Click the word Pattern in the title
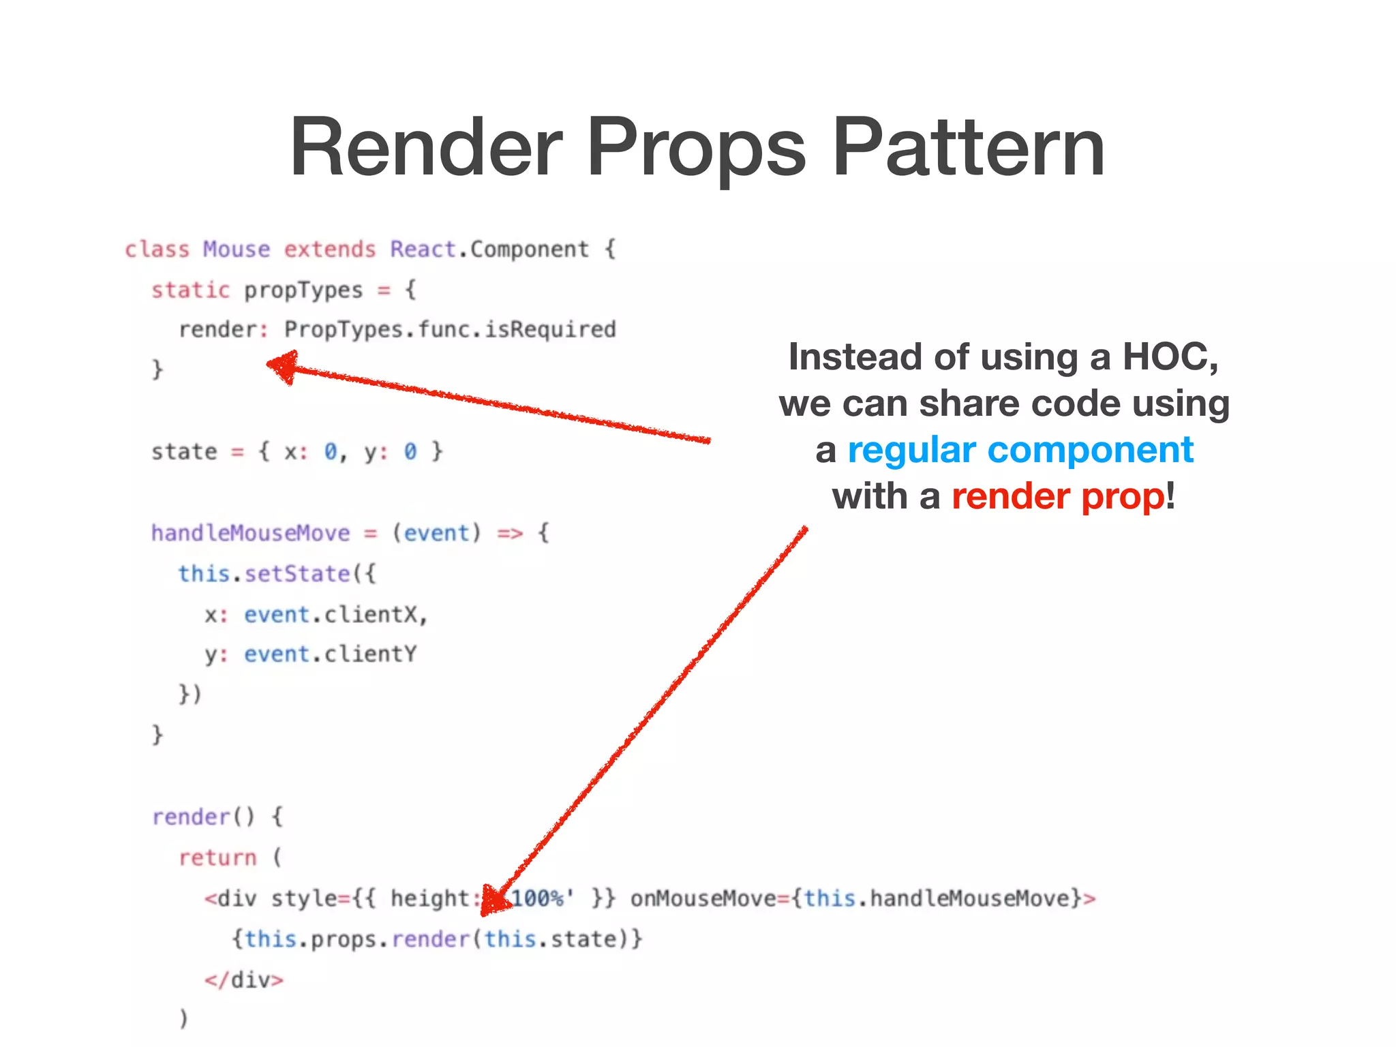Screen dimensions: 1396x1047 click(968, 147)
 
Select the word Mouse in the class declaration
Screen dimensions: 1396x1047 click(237, 249)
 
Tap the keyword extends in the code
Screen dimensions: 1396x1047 click(330, 249)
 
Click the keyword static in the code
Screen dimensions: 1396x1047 click(190, 290)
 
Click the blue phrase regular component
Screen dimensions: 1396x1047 click(1020, 450)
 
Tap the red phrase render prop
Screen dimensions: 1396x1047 click(1058, 496)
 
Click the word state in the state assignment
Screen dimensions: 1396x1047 click(184, 452)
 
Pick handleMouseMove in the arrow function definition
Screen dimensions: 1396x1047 click(250, 533)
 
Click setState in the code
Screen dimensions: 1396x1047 click(297, 574)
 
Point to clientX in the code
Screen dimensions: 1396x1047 click(371, 615)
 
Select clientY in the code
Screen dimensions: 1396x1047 click(370, 654)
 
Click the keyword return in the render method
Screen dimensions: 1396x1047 click(217, 858)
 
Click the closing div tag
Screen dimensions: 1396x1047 click(243, 980)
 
